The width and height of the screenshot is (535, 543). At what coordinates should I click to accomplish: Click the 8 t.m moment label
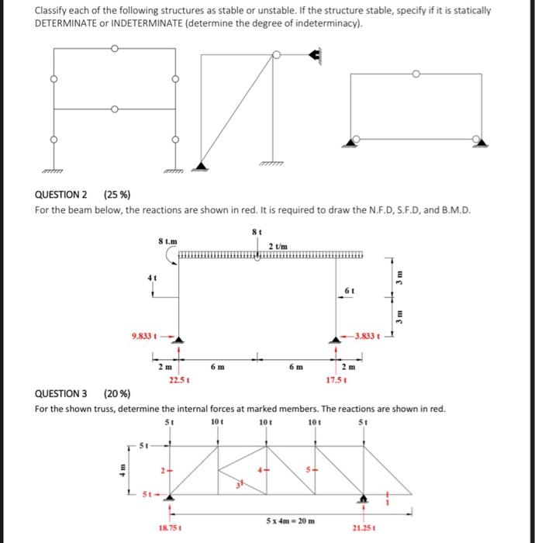coord(165,242)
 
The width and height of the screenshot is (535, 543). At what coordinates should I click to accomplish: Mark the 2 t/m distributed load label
coord(278,246)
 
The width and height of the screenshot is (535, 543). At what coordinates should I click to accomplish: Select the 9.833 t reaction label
coord(147,337)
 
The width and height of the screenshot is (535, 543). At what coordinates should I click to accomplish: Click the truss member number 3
coord(239,484)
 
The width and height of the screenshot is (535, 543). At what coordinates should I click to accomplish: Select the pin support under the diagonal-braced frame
coord(201,165)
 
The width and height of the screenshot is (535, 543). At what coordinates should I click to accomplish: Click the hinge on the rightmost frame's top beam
coord(416,74)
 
